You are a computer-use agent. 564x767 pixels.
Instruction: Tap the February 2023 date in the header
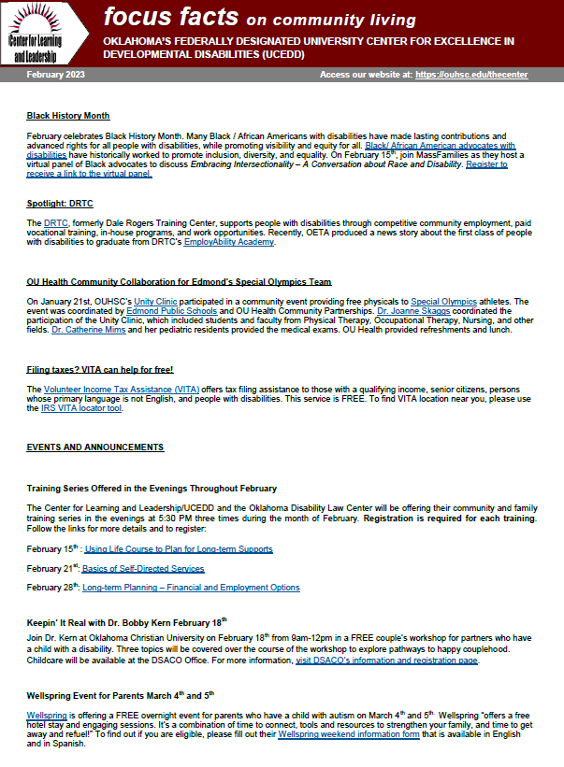[x=56, y=74]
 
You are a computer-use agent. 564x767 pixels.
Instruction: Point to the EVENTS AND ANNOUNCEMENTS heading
[x=95, y=447]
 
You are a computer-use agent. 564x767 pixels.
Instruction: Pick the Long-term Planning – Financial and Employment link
[x=191, y=588]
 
